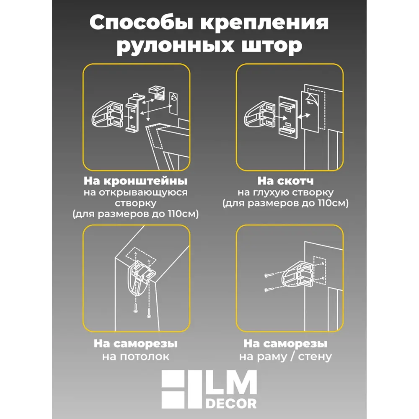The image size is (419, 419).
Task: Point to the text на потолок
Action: point(136,357)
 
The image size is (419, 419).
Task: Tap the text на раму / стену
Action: point(285,357)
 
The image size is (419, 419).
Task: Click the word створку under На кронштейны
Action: point(136,203)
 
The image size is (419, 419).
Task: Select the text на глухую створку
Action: point(285,192)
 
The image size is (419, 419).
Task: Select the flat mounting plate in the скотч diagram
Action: point(288,116)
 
